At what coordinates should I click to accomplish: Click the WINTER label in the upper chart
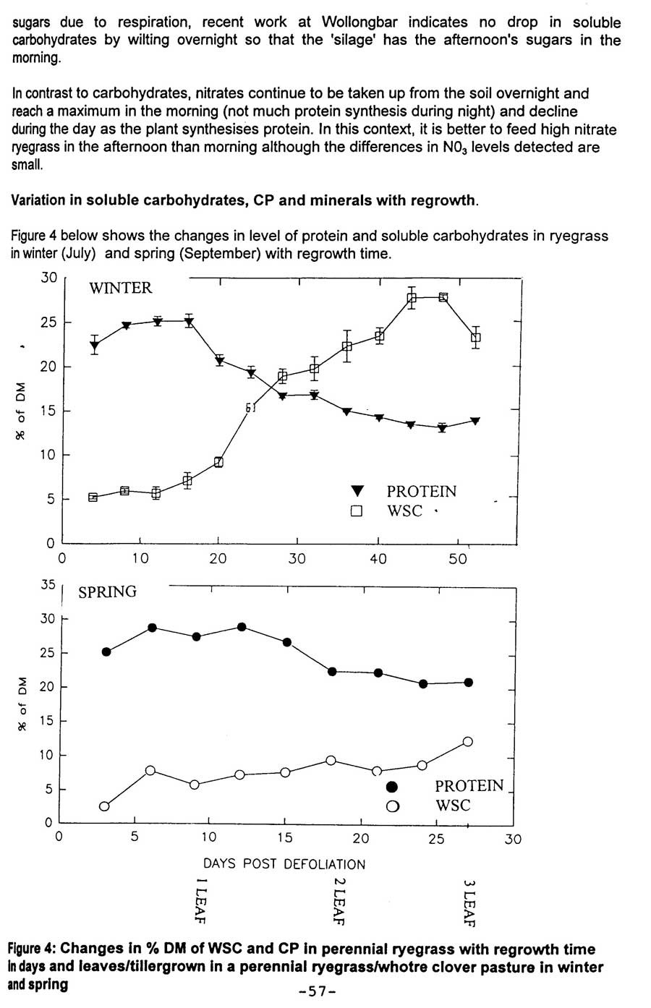[x=120, y=288]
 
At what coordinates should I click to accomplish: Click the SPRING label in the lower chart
[x=107, y=591]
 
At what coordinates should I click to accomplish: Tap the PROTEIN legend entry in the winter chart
[x=421, y=492]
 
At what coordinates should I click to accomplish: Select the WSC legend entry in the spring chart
[x=452, y=806]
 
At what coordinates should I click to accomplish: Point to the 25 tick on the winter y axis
[x=48, y=322]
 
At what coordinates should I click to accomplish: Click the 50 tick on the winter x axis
[x=458, y=559]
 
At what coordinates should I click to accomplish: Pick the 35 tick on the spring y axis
[x=48, y=584]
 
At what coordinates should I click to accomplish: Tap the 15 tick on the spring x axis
[x=285, y=838]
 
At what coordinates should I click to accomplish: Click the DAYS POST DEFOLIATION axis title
[x=284, y=864]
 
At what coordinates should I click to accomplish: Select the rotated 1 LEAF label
[x=201, y=900]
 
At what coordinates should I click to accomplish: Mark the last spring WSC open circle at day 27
[x=468, y=742]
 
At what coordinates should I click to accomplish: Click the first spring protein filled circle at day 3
[x=106, y=652]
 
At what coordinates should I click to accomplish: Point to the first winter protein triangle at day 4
[x=94, y=346]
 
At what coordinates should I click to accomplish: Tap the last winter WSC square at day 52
[x=475, y=338]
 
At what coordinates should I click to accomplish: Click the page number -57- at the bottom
[x=318, y=991]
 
